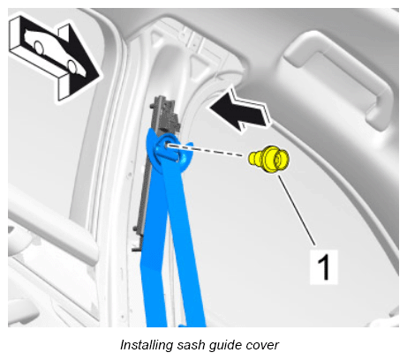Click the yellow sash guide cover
click(269, 160)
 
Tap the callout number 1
click(324, 267)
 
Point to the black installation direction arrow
click(239, 112)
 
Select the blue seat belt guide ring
click(171, 149)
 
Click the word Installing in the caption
click(147, 345)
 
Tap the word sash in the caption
click(190, 345)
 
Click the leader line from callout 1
click(297, 210)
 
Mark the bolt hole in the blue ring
click(166, 146)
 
